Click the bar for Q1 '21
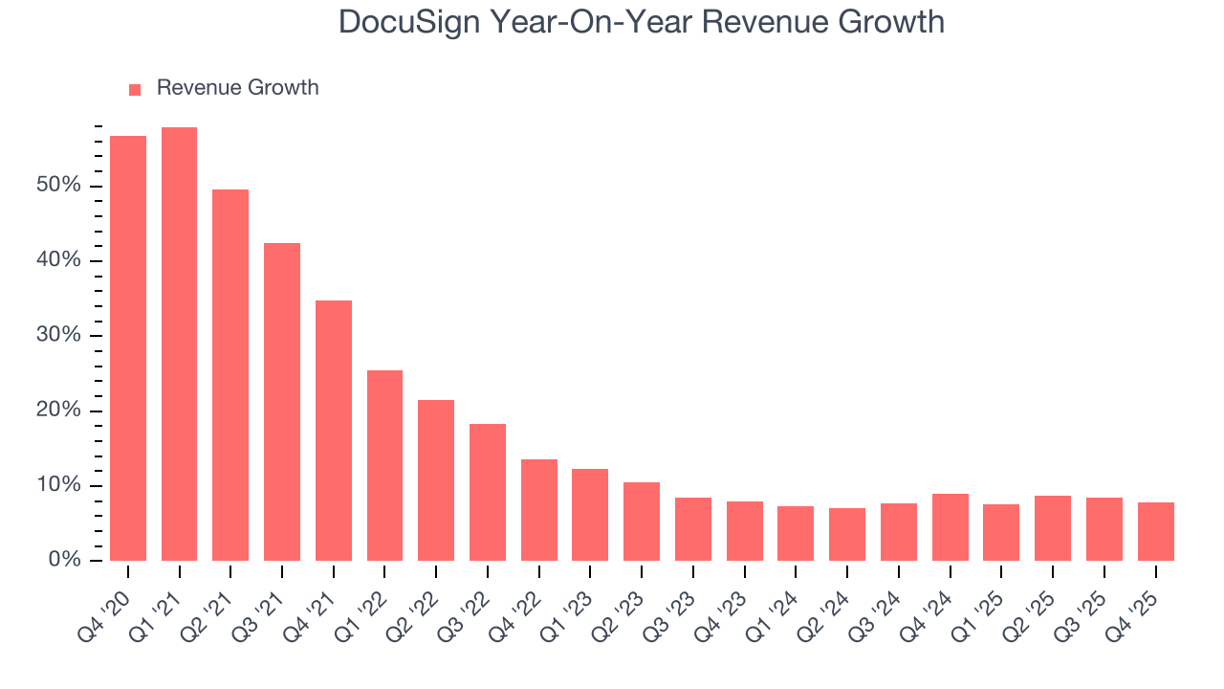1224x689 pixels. click(179, 344)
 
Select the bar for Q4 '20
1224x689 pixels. click(128, 348)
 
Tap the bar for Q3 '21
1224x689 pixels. click(282, 402)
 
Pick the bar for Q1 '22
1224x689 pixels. click(384, 465)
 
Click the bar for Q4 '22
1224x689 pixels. click(539, 510)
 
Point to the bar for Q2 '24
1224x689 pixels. click(847, 534)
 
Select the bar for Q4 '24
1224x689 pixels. click(951, 527)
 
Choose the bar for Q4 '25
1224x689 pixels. click(1156, 531)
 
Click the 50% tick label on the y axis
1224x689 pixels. click(59, 186)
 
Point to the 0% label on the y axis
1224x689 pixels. click(64, 561)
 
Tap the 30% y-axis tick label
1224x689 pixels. click(59, 336)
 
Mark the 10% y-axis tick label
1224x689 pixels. click(59, 486)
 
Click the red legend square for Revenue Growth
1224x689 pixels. click(135, 89)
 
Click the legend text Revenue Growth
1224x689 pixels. click(237, 88)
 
